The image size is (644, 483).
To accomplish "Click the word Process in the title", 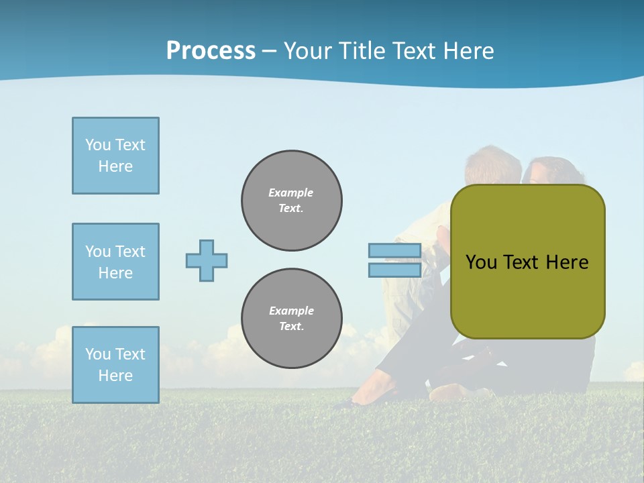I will [x=211, y=50].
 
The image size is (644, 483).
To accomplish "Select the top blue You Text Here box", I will [x=115, y=156].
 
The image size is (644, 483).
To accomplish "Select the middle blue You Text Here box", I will [x=115, y=262].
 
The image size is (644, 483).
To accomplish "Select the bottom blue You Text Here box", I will [x=115, y=364].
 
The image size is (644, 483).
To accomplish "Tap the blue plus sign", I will [x=207, y=260].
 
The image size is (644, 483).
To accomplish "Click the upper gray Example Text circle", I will [x=292, y=201].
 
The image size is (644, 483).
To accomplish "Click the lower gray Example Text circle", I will [x=292, y=319].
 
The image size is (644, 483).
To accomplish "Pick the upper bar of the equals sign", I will [x=394, y=251].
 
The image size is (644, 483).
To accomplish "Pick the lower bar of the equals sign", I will [x=394, y=270].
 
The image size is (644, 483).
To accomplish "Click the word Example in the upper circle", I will [x=290, y=193].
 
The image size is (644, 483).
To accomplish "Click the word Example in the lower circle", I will [x=291, y=311].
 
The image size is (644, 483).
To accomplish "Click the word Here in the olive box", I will [x=567, y=262].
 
